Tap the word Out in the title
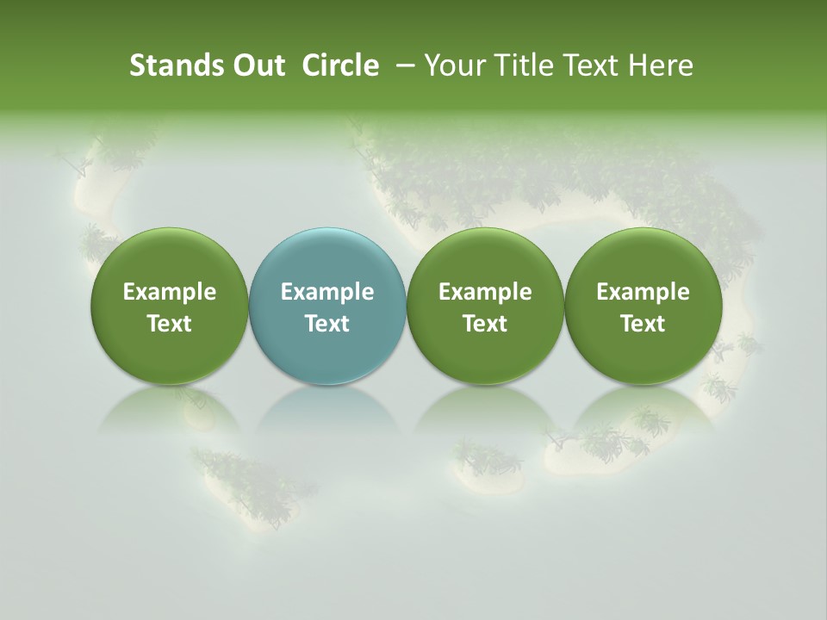pyautogui.click(x=258, y=65)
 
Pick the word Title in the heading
pyautogui.click(x=525, y=65)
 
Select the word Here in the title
pyautogui.click(x=661, y=65)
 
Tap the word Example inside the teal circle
pyautogui.click(x=327, y=292)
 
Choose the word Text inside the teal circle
pyautogui.click(x=327, y=324)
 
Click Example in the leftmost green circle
pyautogui.click(x=170, y=292)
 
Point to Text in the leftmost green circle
pyautogui.click(x=170, y=324)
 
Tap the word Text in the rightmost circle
pyautogui.click(x=643, y=324)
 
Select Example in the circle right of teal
pyautogui.click(x=485, y=292)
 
